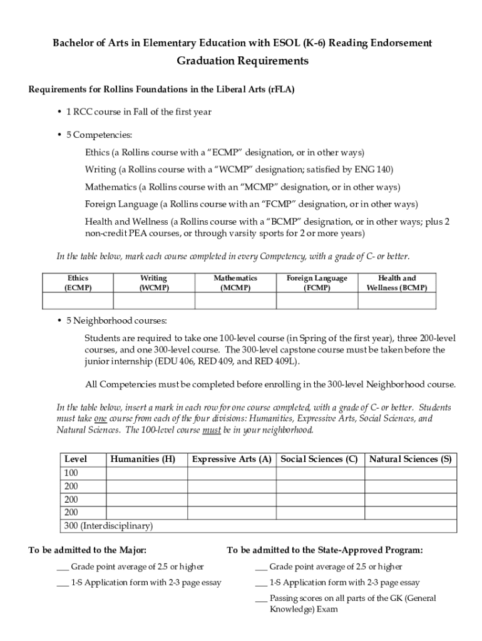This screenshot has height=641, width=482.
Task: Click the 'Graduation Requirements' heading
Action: click(x=242, y=61)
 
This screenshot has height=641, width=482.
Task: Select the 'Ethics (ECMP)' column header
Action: click(x=78, y=283)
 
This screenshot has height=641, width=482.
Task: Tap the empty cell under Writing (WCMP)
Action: click(x=153, y=301)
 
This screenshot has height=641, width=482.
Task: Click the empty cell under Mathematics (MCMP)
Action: click(x=235, y=301)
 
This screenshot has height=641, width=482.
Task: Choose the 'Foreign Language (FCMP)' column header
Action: click(x=317, y=283)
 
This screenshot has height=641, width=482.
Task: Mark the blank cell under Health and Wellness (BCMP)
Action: click(x=397, y=301)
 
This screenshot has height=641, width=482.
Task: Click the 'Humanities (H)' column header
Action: click(x=143, y=459)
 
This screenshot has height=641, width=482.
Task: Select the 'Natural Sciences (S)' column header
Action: click(x=411, y=459)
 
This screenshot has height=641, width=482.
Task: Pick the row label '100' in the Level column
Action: click(x=72, y=473)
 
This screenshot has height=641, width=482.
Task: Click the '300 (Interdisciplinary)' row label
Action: click(x=108, y=526)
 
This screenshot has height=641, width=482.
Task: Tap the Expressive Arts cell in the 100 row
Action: click(x=232, y=473)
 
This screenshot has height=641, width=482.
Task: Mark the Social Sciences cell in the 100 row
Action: click(x=320, y=473)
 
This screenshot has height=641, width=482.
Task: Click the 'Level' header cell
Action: click(x=76, y=459)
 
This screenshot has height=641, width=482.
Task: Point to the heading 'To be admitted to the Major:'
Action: click(x=88, y=550)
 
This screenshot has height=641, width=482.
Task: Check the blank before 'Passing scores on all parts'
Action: click(x=261, y=599)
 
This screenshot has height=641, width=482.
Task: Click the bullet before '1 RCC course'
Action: click(x=59, y=112)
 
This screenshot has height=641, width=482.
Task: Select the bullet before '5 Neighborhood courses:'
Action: click(x=59, y=321)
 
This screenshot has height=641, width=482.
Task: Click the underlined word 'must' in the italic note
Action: click(x=210, y=430)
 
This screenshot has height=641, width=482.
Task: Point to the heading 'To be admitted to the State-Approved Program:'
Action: click(x=324, y=550)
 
